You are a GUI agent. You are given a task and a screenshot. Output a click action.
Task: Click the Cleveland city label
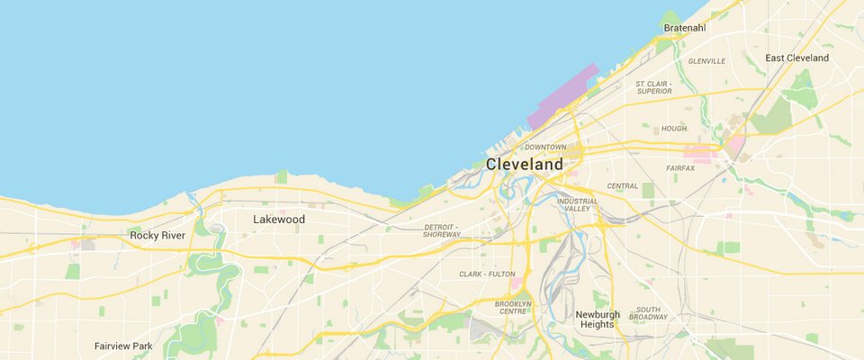pos(525,165)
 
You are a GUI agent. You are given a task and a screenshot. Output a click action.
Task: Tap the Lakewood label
pos(279,220)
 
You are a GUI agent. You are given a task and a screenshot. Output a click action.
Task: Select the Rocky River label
pos(157,236)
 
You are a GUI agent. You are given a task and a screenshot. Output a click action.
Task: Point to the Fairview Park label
pos(123,346)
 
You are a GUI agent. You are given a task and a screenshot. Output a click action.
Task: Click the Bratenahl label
pos(685,29)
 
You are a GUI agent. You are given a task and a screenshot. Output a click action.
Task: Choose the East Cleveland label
pos(796,58)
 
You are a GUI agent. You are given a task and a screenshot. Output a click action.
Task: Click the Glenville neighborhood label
pos(706,61)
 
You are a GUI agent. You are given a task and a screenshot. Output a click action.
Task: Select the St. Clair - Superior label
pos(654,87)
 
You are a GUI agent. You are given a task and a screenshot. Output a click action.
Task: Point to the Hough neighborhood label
pos(674,129)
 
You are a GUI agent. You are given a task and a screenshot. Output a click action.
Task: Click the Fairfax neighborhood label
pos(680,168)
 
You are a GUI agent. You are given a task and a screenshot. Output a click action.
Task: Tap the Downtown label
pos(545,147)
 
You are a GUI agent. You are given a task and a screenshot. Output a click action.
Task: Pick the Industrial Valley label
pos(577,205)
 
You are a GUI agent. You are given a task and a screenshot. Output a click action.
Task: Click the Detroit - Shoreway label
pos(442,230)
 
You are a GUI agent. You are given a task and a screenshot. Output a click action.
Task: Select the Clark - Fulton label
pos(487,274)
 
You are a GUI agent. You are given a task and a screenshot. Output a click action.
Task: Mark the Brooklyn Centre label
pos(513,308)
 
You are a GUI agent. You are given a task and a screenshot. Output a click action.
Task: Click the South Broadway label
pos(648,313)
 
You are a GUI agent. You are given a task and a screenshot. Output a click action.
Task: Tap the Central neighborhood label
pos(623,186)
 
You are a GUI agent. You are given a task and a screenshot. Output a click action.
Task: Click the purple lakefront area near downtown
pos(563,98)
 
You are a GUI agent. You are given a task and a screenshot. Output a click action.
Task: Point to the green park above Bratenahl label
pos(669,16)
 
